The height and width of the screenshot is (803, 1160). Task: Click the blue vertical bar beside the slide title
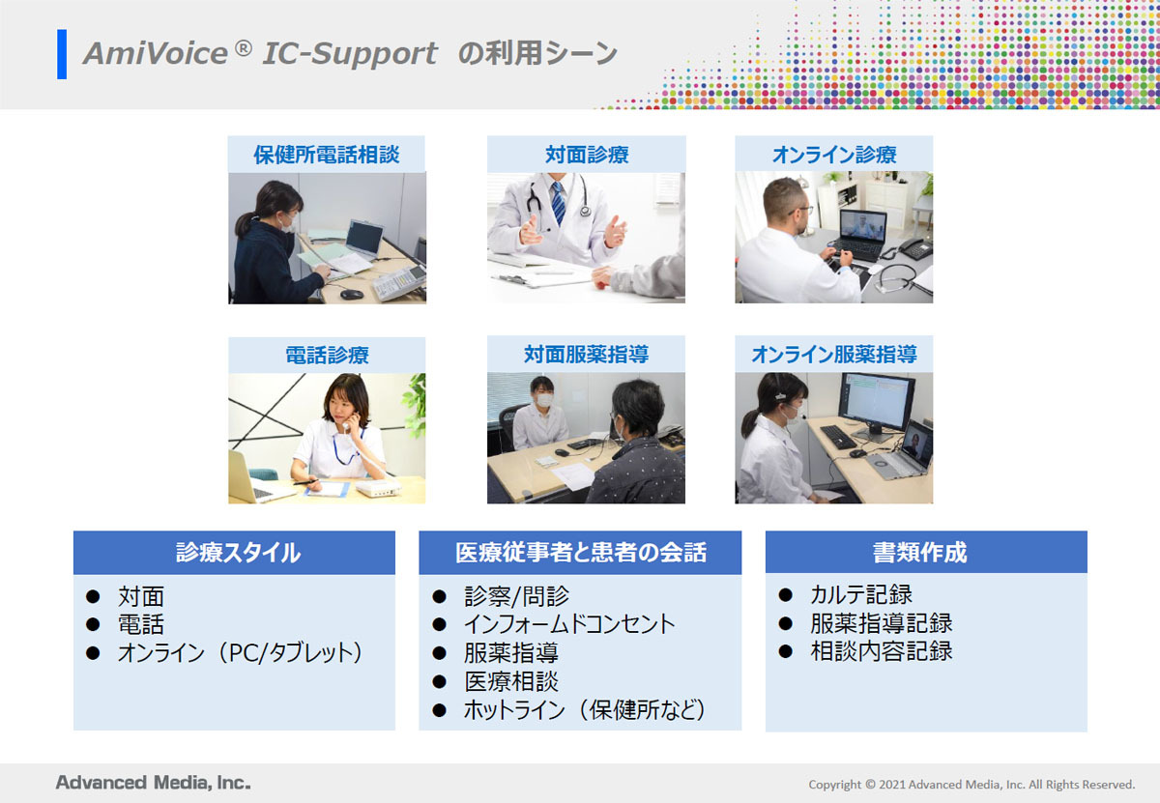click(x=62, y=54)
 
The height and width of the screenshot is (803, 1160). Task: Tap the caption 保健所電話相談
click(x=327, y=155)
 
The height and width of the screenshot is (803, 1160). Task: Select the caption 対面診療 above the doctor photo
click(x=587, y=155)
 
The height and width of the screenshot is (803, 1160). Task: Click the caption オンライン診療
click(x=834, y=155)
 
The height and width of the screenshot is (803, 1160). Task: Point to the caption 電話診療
click(x=327, y=356)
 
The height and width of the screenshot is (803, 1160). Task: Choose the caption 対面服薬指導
click(x=586, y=355)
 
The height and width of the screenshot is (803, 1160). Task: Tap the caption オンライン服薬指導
click(x=834, y=355)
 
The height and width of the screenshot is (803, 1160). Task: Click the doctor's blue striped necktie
click(x=558, y=202)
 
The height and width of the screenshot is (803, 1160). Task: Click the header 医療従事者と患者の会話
click(x=581, y=553)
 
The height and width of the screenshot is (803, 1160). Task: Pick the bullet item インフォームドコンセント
click(x=569, y=624)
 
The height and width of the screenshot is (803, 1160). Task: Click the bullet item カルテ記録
click(x=861, y=594)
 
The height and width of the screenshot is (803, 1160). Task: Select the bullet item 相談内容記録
click(x=882, y=651)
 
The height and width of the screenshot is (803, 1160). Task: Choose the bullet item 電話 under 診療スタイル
click(x=141, y=624)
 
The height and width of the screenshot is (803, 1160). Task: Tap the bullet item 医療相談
click(x=511, y=681)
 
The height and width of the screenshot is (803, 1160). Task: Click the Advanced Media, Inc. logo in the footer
click(x=154, y=783)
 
